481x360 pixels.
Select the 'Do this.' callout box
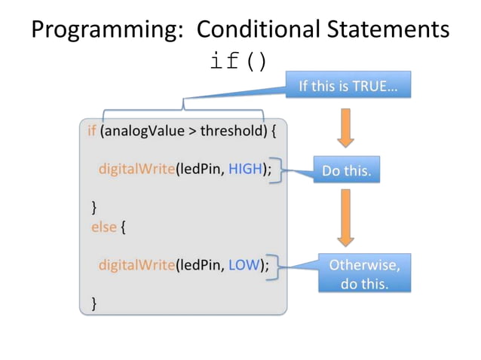click(x=347, y=170)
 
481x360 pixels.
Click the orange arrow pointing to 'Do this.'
click(x=345, y=127)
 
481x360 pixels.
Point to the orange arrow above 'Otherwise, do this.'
click(x=345, y=218)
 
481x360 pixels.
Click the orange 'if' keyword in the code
click(x=91, y=130)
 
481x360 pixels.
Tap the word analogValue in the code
click(x=141, y=130)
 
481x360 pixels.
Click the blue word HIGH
click(x=244, y=168)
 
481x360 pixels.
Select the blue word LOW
click(x=243, y=265)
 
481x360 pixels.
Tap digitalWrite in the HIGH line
click(x=136, y=168)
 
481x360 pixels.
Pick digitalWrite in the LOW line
click(x=136, y=265)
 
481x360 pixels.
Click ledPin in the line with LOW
click(x=200, y=265)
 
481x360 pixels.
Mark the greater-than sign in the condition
click(x=191, y=131)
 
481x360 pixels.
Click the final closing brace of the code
click(x=94, y=303)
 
